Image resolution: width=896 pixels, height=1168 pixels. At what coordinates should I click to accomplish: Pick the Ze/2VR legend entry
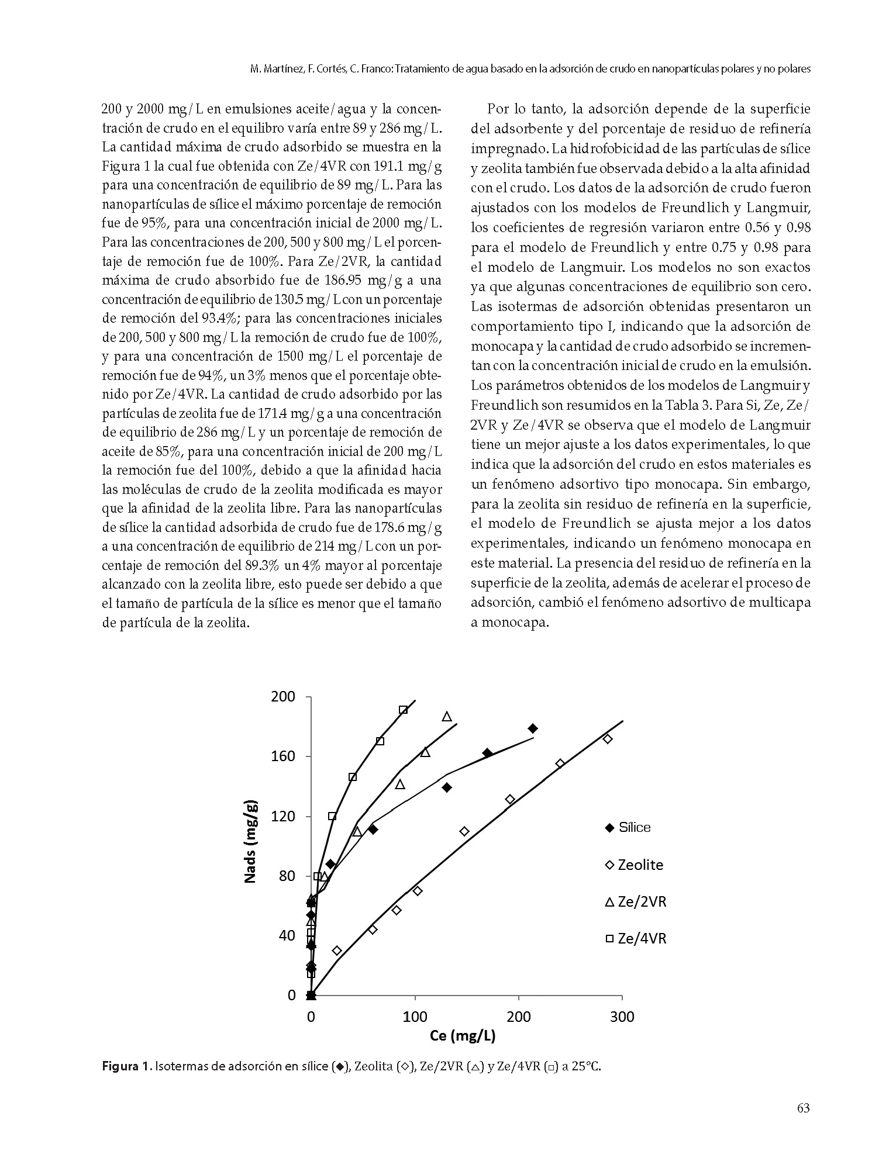click(635, 902)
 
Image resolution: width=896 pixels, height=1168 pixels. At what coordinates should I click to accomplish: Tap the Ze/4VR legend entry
click(635, 939)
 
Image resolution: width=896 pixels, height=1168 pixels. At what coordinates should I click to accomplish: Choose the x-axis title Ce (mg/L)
click(463, 1036)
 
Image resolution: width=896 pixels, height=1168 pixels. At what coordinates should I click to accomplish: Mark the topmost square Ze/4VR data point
click(403, 710)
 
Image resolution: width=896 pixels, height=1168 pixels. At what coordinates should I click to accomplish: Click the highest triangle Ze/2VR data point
click(447, 717)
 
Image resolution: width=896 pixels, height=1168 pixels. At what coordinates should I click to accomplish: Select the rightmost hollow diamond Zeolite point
click(608, 739)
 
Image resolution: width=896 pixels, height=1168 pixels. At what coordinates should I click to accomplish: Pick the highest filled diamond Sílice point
click(532, 728)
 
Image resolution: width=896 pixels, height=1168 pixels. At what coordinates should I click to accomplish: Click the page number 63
click(803, 1124)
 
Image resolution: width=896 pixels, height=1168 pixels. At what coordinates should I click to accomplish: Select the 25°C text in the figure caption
click(586, 1066)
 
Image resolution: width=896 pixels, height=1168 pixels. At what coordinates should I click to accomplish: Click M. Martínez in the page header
click(274, 69)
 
